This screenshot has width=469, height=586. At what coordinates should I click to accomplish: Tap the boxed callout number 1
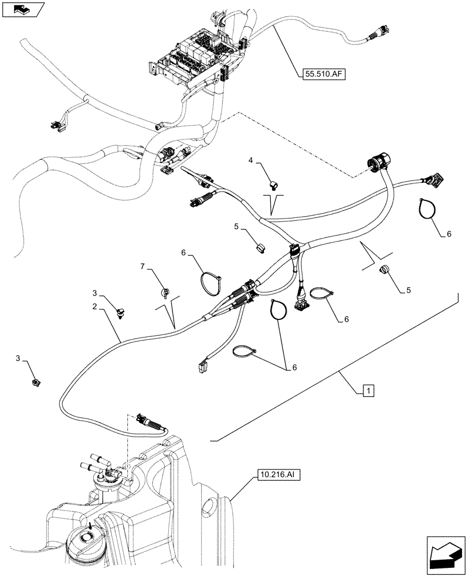[367, 390]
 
